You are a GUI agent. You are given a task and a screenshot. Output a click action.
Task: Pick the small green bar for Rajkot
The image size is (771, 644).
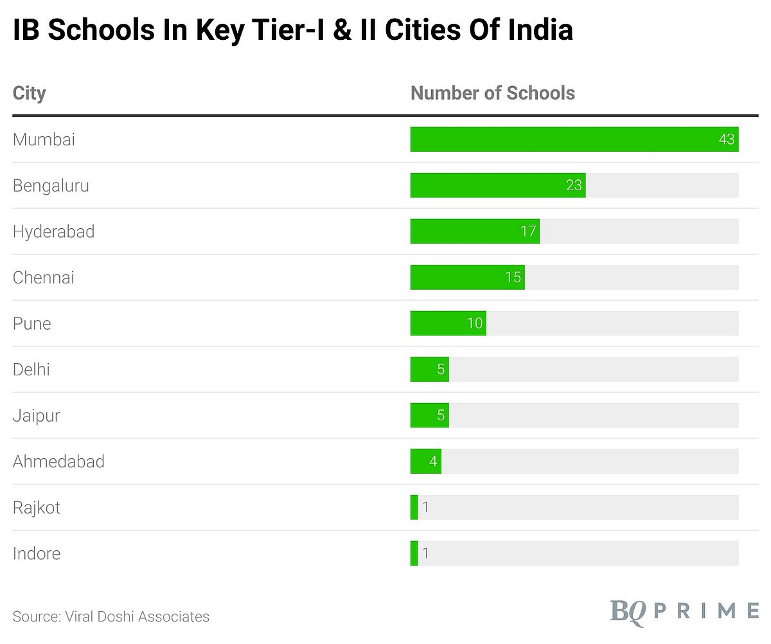(x=414, y=508)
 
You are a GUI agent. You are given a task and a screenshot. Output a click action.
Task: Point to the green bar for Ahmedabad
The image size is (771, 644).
(x=425, y=461)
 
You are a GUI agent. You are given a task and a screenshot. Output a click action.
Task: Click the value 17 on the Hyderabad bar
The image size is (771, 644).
(x=528, y=231)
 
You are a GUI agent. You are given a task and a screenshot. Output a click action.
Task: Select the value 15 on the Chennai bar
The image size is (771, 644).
(x=513, y=278)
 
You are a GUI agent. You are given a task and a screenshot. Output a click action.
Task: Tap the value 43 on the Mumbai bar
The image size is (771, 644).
(x=726, y=139)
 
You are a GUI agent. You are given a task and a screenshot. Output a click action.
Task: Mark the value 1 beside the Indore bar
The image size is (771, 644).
(x=425, y=553)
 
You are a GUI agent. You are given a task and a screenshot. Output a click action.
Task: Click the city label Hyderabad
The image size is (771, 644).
(x=53, y=231)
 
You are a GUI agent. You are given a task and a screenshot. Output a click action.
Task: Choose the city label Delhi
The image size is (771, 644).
(x=31, y=370)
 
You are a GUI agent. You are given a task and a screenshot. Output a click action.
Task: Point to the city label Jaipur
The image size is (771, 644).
(x=37, y=416)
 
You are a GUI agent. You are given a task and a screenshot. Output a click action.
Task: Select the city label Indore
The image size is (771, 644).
(x=37, y=553)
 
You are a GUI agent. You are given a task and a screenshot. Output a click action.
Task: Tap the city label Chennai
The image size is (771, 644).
(x=44, y=278)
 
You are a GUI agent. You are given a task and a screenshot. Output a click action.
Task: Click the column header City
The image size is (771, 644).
(x=29, y=93)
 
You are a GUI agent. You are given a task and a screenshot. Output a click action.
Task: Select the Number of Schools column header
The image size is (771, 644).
(x=493, y=93)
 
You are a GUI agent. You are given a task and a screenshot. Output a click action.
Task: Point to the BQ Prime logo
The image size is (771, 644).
(x=684, y=610)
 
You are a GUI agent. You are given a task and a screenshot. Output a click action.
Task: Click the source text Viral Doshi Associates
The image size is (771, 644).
(x=137, y=616)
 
